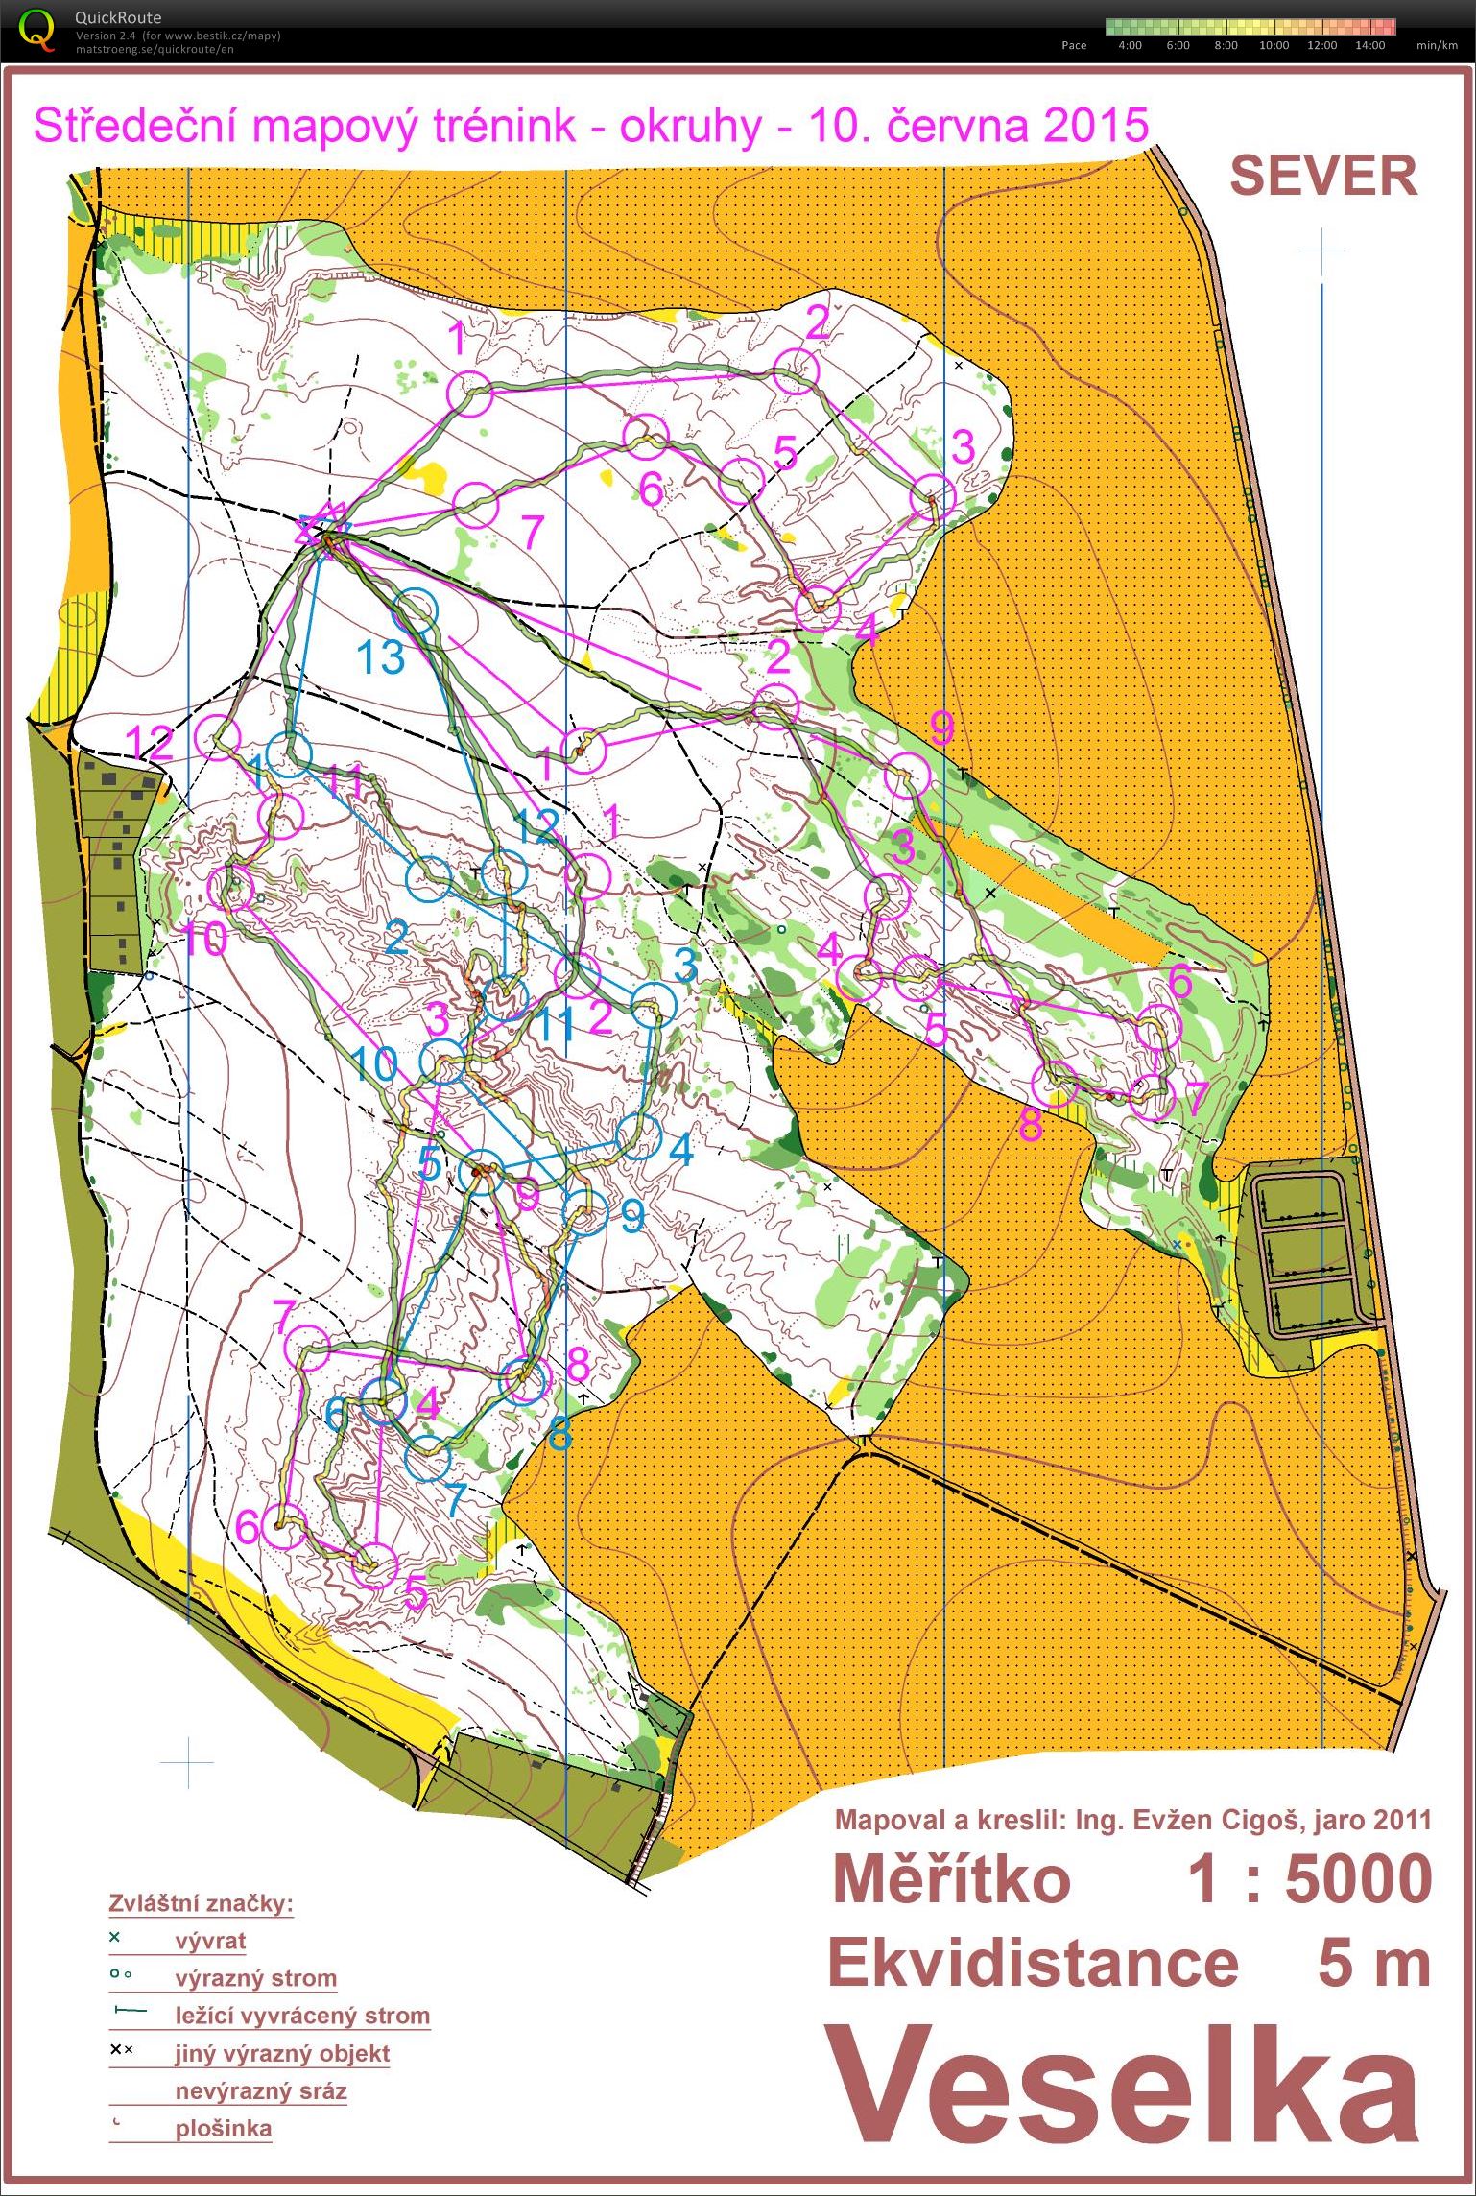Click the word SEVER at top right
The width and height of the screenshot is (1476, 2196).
click(1322, 177)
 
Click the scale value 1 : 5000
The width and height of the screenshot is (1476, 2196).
click(1310, 1879)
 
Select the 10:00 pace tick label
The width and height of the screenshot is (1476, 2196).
click(1274, 45)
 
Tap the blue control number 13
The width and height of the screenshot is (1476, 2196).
click(381, 658)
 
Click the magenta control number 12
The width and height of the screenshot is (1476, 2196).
click(150, 742)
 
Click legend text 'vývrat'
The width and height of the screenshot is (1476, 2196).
click(210, 1940)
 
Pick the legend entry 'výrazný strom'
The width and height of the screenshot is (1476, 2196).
click(255, 1977)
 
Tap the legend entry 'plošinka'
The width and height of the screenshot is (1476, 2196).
click(224, 2128)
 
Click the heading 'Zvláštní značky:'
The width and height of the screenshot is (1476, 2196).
click(201, 1902)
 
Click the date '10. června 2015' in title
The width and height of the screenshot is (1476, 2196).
click(979, 126)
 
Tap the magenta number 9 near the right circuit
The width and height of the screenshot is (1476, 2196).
click(941, 729)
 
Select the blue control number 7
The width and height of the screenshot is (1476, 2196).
click(454, 1498)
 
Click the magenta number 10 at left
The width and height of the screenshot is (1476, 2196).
click(203, 939)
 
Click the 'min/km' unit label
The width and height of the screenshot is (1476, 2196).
click(1436, 45)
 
